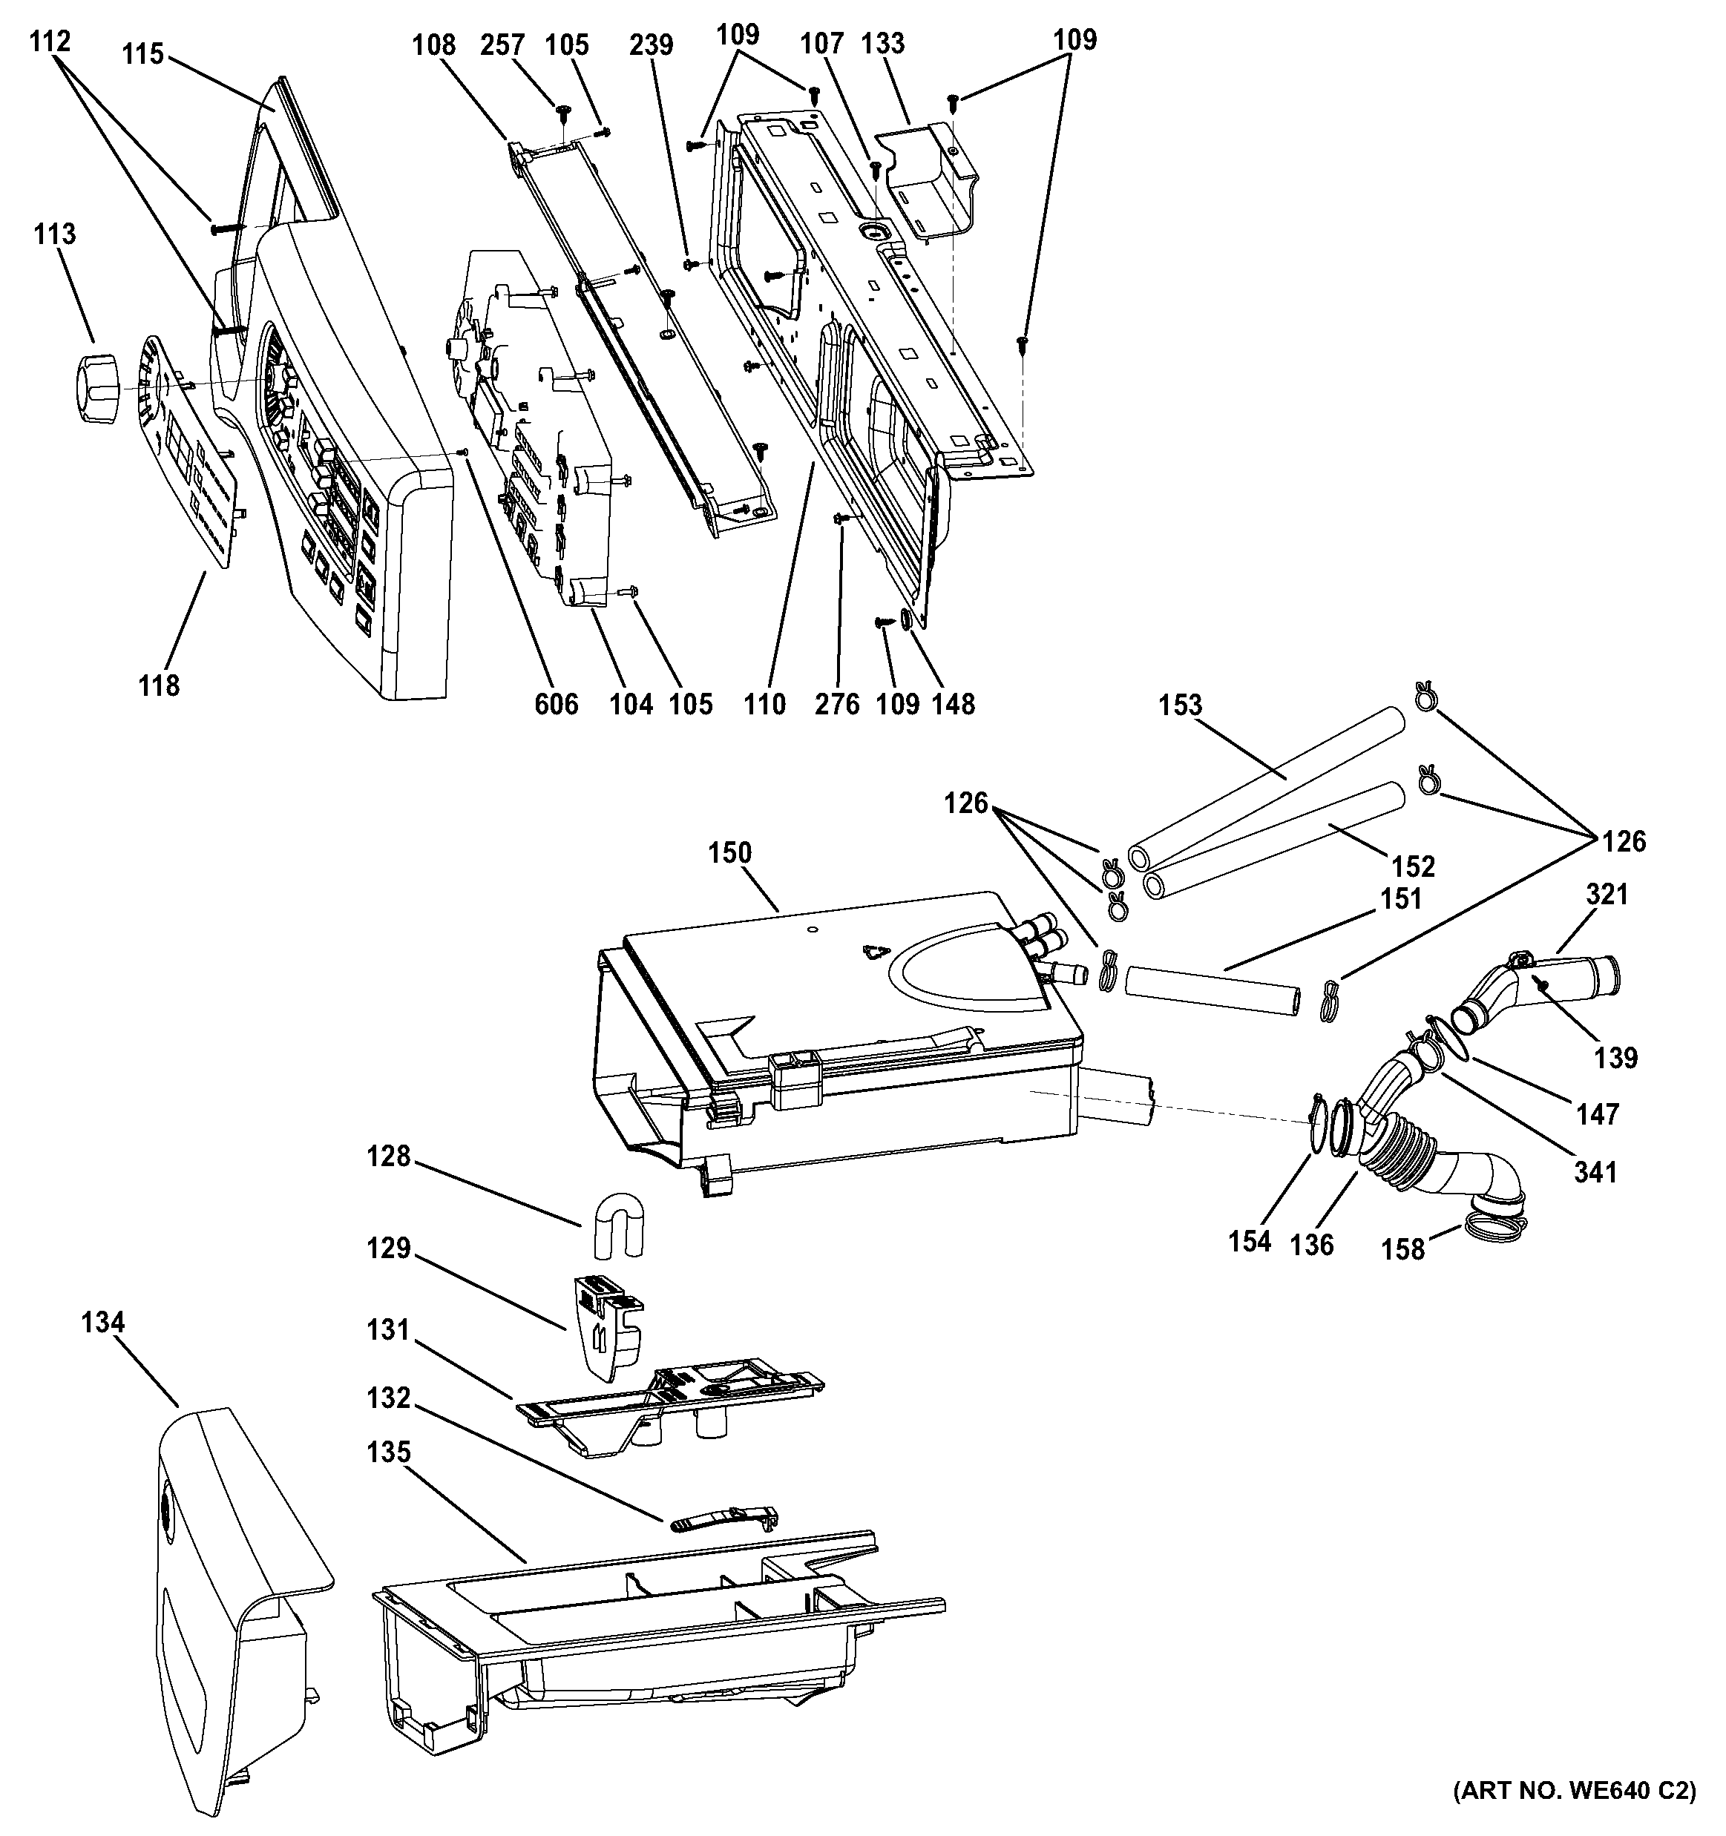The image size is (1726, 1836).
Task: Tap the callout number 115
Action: (142, 54)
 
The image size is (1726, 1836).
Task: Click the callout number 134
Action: (102, 1323)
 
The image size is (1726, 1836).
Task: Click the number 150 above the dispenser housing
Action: (730, 852)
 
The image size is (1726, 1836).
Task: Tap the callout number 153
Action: (1181, 705)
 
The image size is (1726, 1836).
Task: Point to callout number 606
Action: (557, 705)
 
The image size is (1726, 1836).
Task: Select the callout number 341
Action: (1595, 1173)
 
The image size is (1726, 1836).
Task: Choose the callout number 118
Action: (159, 685)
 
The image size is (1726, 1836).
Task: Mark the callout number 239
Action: (652, 45)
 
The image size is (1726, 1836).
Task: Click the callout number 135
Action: (388, 1452)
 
